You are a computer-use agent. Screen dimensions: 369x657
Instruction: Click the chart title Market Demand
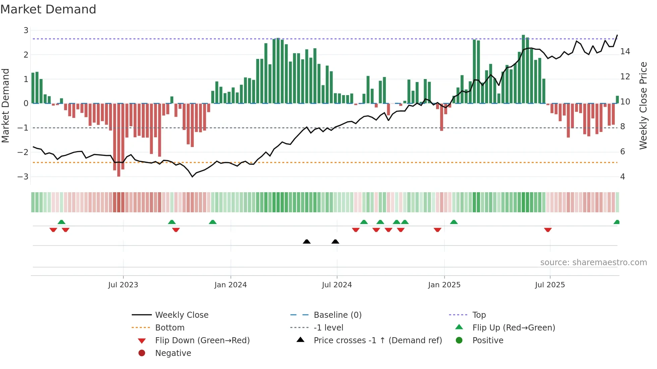click(x=48, y=9)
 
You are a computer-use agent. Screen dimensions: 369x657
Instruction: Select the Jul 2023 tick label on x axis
click(x=123, y=285)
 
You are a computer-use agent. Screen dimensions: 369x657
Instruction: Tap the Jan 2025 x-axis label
click(x=444, y=285)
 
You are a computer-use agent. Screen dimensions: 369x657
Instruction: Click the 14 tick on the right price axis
click(x=625, y=52)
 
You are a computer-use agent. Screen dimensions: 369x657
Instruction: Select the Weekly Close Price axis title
click(x=643, y=105)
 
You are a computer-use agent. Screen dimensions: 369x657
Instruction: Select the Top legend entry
click(x=479, y=315)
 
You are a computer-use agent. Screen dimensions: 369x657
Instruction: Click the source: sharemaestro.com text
click(x=593, y=263)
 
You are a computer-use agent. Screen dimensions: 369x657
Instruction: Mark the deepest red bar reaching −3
click(x=119, y=141)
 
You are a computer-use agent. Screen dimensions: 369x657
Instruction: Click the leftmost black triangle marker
click(x=306, y=241)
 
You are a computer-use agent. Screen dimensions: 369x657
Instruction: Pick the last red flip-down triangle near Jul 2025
click(x=548, y=230)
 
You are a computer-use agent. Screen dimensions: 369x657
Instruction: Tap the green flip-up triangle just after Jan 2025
click(x=454, y=222)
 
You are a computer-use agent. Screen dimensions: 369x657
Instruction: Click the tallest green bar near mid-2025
click(x=523, y=69)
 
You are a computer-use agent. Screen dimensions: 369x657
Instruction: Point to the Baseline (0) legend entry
click(x=337, y=315)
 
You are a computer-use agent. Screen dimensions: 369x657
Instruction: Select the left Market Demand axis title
click(x=5, y=105)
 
